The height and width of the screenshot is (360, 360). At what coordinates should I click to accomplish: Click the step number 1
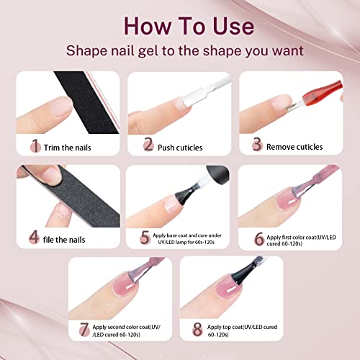point(34,147)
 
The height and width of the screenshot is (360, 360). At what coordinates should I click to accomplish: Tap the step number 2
point(148,147)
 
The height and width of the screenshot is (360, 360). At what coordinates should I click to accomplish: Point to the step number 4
point(34,235)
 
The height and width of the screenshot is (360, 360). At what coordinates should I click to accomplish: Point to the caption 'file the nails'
point(69,236)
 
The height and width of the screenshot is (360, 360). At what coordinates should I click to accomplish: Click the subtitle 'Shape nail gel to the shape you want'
point(180,51)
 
